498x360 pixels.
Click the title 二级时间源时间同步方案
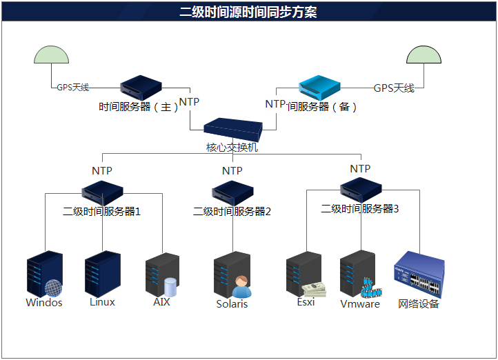[248, 11]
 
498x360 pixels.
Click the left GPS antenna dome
[51, 56]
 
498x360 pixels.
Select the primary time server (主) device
[141, 87]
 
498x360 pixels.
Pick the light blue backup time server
[319, 86]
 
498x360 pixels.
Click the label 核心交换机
[232, 147]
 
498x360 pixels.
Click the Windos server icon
[41, 274]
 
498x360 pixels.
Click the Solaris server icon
[230, 274]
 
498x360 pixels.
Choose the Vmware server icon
[357, 274]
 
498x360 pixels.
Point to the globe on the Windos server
[53, 288]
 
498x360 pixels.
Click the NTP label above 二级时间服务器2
[232, 170]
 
